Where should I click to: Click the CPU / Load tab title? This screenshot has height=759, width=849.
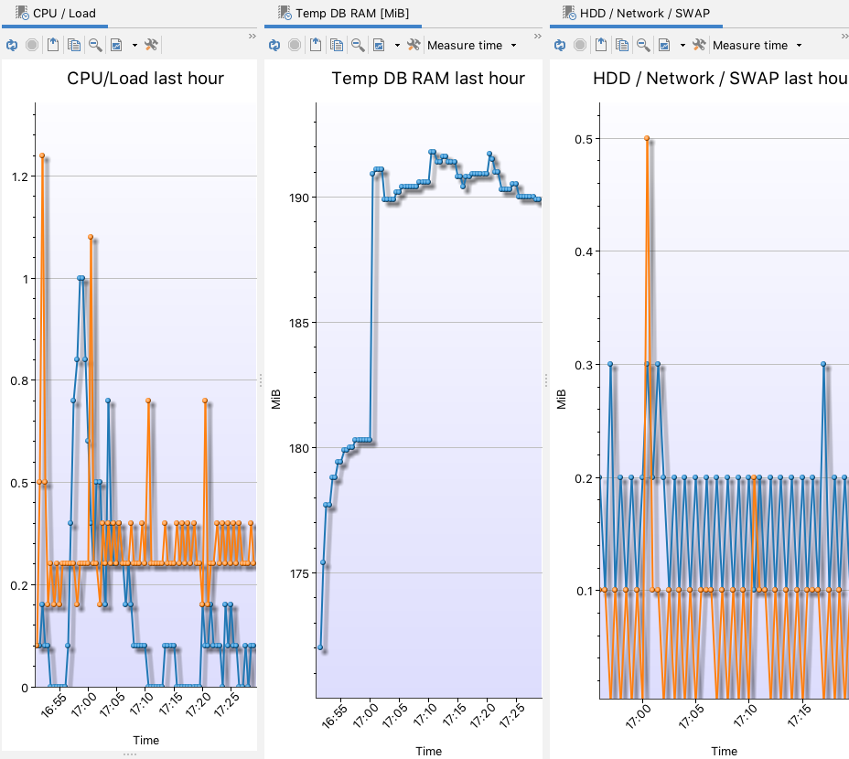coord(63,14)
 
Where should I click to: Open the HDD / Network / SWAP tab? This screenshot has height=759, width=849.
coord(644,14)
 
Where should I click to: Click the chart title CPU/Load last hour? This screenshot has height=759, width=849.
coord(145,78)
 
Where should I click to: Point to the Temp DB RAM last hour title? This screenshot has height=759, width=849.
coord(428,78)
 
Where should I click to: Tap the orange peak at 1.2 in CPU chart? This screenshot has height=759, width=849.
coord(42,155)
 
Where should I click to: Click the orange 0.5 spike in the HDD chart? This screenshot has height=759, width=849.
coord(647,138)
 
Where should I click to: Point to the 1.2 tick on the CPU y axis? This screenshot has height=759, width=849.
coord(18,176)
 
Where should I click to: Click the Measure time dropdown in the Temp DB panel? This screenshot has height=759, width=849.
coord(471,45)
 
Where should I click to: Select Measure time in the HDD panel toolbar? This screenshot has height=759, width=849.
coord(757,45)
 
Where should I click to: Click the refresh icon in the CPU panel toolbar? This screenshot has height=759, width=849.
coord(11,45)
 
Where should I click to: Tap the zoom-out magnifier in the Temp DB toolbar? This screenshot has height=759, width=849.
coord(358,45)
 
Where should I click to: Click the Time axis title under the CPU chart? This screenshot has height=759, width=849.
coord(145,741)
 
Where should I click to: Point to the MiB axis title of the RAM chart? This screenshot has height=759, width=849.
coord(276,400)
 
